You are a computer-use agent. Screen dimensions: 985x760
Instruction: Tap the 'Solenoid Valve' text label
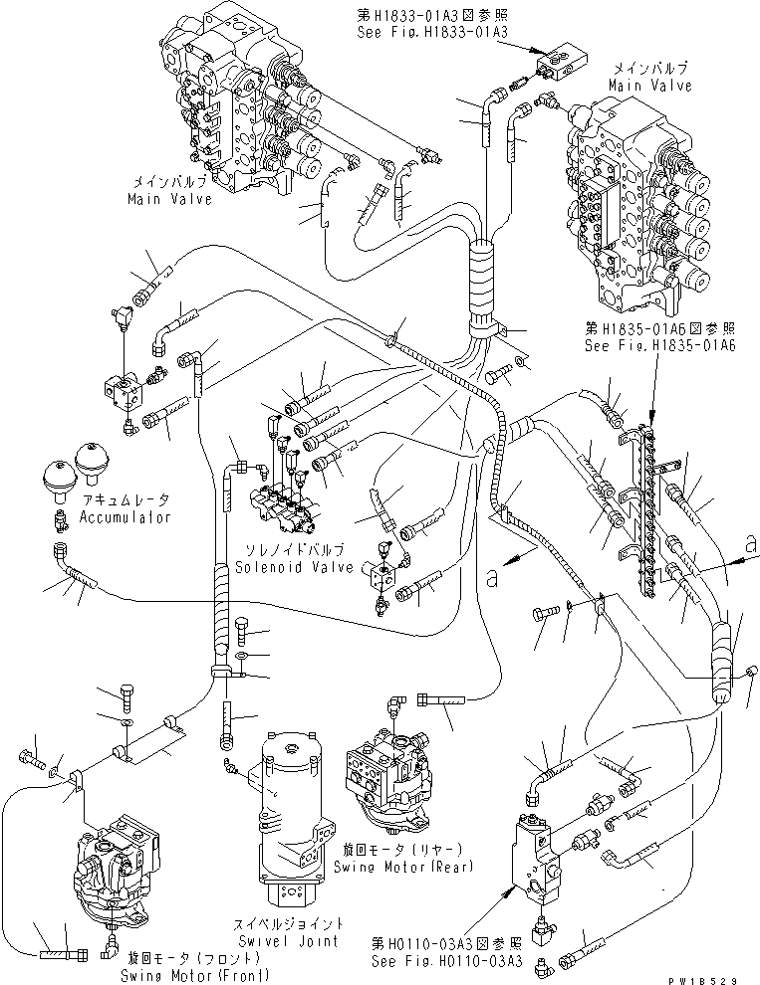pos(295,567)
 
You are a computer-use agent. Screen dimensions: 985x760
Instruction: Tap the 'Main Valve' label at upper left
pos(169,199)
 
